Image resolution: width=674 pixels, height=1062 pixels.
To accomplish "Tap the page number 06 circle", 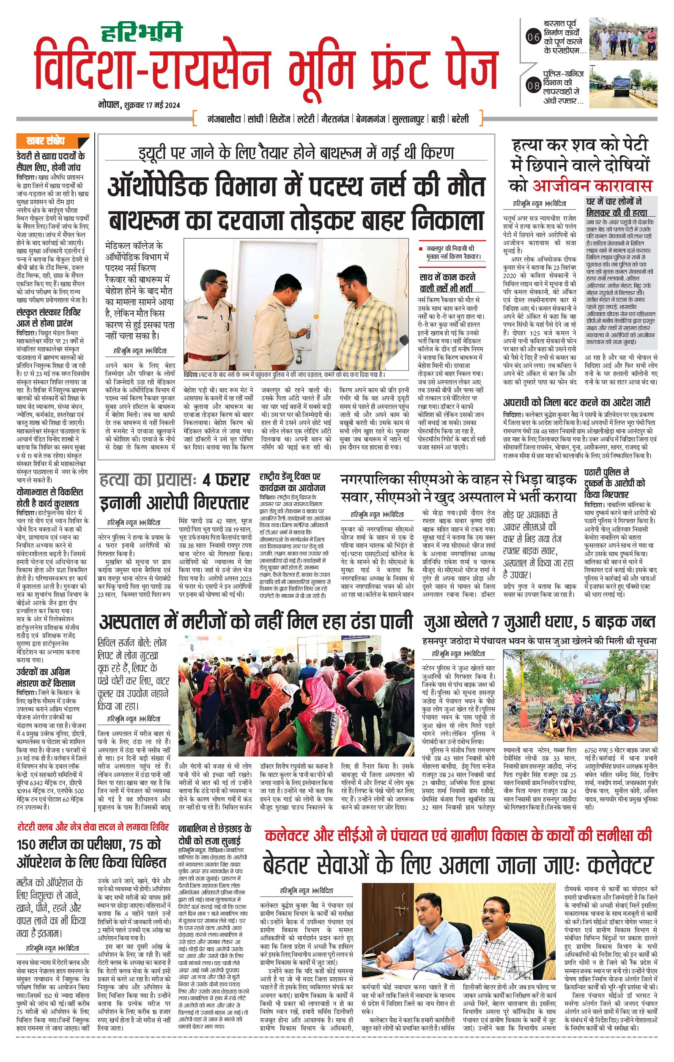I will click(533, 38).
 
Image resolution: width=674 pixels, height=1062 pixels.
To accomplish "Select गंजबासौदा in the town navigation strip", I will click(224, 119).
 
